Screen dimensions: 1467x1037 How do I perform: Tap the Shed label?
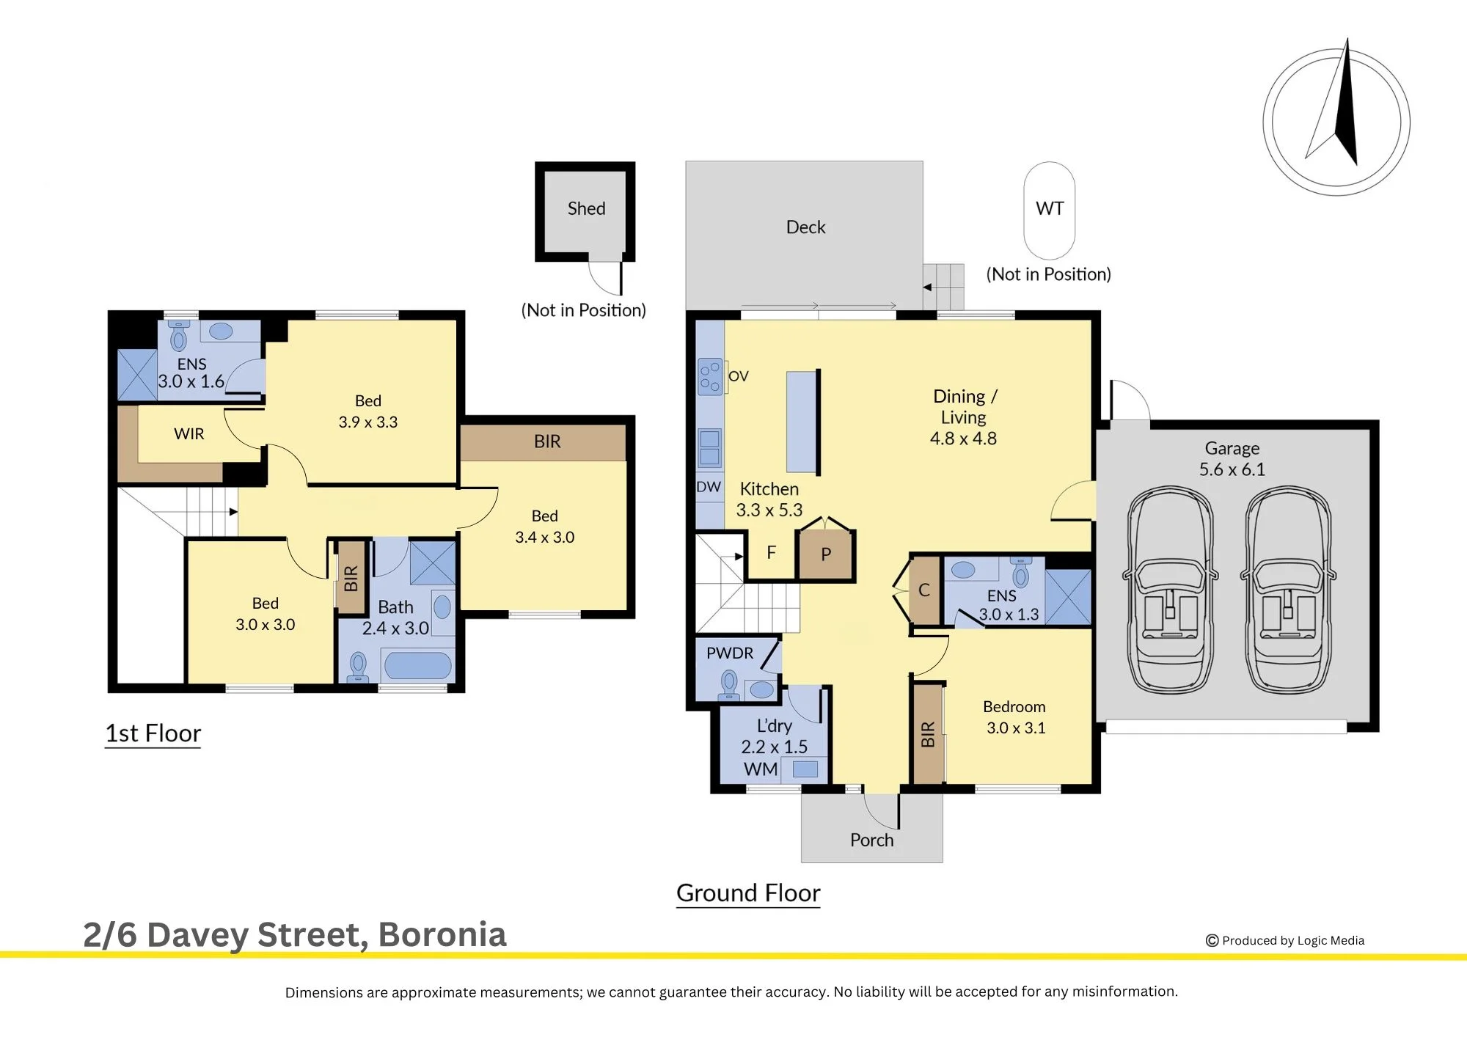pyautogui.click(x=586, y=209)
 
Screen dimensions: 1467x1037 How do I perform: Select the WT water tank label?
pyautogui.click(x=1050, y=209)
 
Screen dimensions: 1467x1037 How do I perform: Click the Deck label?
pyautogui.click(x=805, y=227)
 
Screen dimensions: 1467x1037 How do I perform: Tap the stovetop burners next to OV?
pyautogui.click(x=710, y=376)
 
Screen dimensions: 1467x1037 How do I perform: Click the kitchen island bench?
pyautogui.click(x=802, y=422)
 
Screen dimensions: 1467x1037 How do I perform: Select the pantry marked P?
pyautogui.click(x=826, y=554)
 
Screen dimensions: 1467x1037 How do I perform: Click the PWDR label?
pyautogui.click(x=730, y=653)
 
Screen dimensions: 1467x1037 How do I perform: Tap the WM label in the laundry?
pyautogui.click(x=761, y=769)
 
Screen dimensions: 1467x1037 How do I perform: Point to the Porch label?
pyautogui.click(x=871, y=840)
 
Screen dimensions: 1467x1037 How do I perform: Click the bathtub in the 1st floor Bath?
pyautogui.click(x=417, y=666)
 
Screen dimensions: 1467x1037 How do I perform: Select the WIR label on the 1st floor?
pyautogui.click(x=189, y=434)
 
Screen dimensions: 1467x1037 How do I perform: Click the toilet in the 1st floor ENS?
pyautogui.click(x=179, y=335)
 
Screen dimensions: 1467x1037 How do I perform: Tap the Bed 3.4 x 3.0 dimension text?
pyautogui.click(x=545, y=538)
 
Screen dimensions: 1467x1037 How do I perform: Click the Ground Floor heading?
pyautogui.click(x=748, y=893)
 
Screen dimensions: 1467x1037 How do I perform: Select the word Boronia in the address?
pyautogui.click(x=442, y=935)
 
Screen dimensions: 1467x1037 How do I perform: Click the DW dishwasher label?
pyautogui.click(x=709, y=487)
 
